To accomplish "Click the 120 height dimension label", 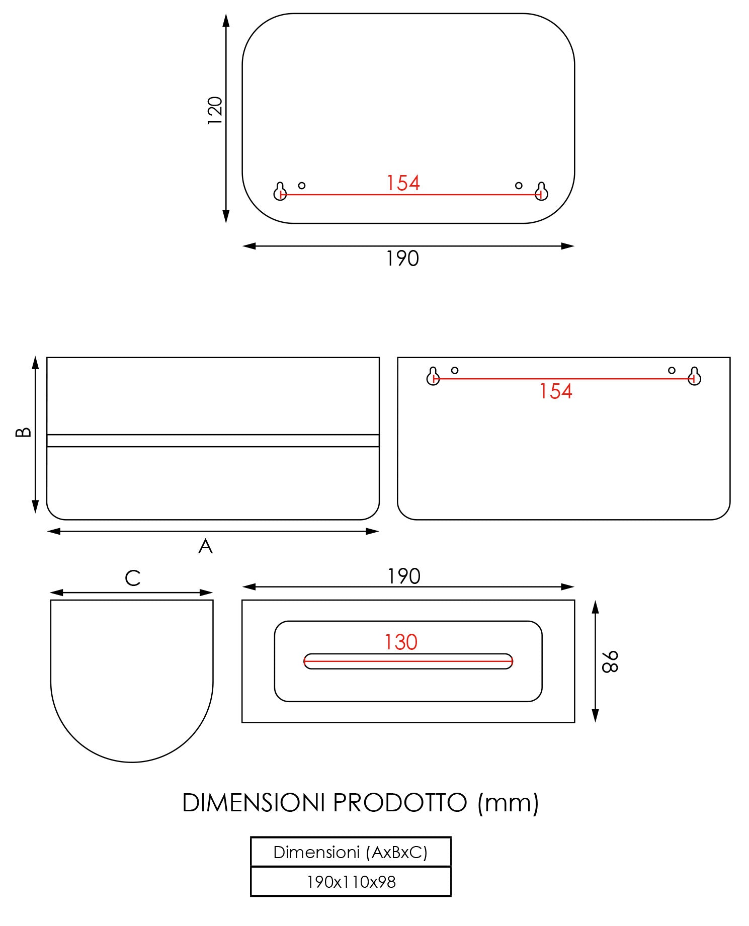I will click(215, 111).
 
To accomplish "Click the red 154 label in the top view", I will click(402, 183).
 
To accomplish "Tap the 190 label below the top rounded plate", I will click(402, 259).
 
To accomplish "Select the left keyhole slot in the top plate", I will click(280, 191).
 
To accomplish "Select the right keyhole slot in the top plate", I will click(541, 191).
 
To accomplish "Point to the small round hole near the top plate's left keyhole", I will click(302, 186).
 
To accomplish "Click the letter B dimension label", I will click(23, 433).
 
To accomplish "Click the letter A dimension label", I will click(205, 546).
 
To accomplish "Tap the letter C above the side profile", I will click(132, 578).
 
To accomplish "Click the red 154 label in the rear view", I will click(555, 392).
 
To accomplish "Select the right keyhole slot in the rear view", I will click(694, 376).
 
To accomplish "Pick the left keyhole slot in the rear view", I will click(433, 376).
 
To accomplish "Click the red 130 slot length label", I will click(401, 642).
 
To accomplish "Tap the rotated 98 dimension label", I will click(610, 661).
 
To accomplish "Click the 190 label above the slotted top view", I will click(403, 576).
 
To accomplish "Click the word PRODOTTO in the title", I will click(400, 803).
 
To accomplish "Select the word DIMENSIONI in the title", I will click(254, 803).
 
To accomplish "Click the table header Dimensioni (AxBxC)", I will click(350, 852).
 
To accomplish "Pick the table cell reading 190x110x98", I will click(351, 882).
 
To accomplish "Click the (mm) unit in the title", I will click(508, 803).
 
